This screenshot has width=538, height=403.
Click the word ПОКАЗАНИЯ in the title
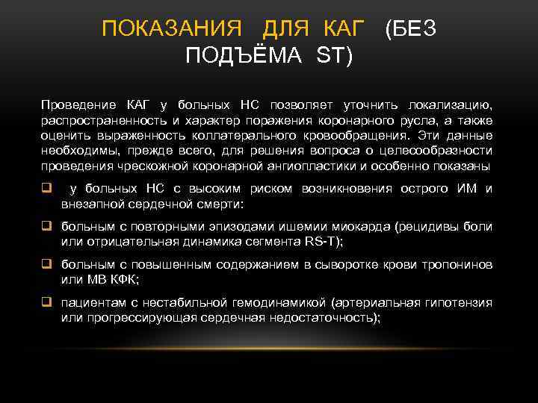171,30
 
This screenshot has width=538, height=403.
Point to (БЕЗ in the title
410,30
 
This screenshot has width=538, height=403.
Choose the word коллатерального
247,136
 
